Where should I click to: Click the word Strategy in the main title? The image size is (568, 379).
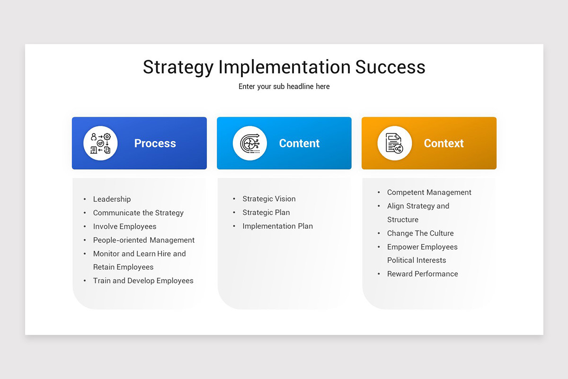click(x=178, y=67)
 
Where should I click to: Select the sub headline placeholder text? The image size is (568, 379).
click(x=284, y=87)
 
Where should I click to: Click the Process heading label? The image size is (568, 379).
click(x=155, y=144)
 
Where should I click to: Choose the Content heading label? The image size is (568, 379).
click(x=299, y=144)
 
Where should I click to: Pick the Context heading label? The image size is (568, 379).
click(x=444, y=144)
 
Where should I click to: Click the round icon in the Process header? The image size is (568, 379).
click(x=100, y=143)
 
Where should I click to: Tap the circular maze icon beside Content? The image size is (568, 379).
click(x=249, y=143)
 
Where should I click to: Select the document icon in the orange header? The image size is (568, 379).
click(x=394, y=143)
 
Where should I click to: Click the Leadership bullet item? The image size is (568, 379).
click(x=112, y=199)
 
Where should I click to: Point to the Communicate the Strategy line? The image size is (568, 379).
click(x=138, y=213)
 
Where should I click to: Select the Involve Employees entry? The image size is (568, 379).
click(x=124, y=227)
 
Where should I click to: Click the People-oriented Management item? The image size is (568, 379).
click(x=144, y=240)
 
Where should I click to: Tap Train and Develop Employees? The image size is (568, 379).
click(x=143, y=281)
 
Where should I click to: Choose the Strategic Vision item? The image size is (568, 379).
click(x=269, y=199)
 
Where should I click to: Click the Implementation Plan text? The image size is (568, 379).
click(x=277, y=226)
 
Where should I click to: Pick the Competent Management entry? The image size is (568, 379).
click(x=429, y=193)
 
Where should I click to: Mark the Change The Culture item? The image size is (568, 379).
click(x=420, y=234)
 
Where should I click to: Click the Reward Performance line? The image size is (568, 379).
click(x=422, y=274)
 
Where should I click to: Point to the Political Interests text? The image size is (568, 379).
click(x=417, y=261)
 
